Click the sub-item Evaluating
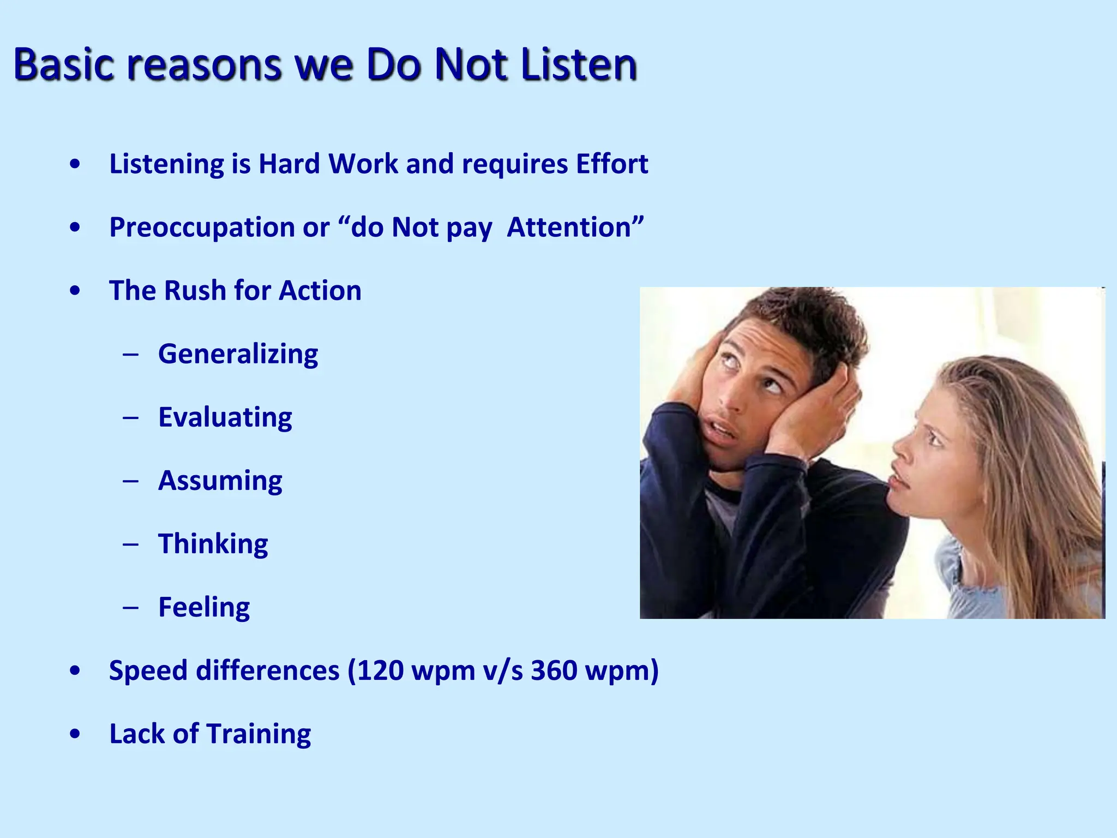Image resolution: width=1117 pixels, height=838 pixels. click(225, 418)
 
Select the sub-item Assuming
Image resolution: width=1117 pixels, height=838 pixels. click(220, 481)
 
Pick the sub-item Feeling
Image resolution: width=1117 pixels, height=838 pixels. click(204, 607)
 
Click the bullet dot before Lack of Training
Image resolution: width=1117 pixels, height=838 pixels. click(75, 734)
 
